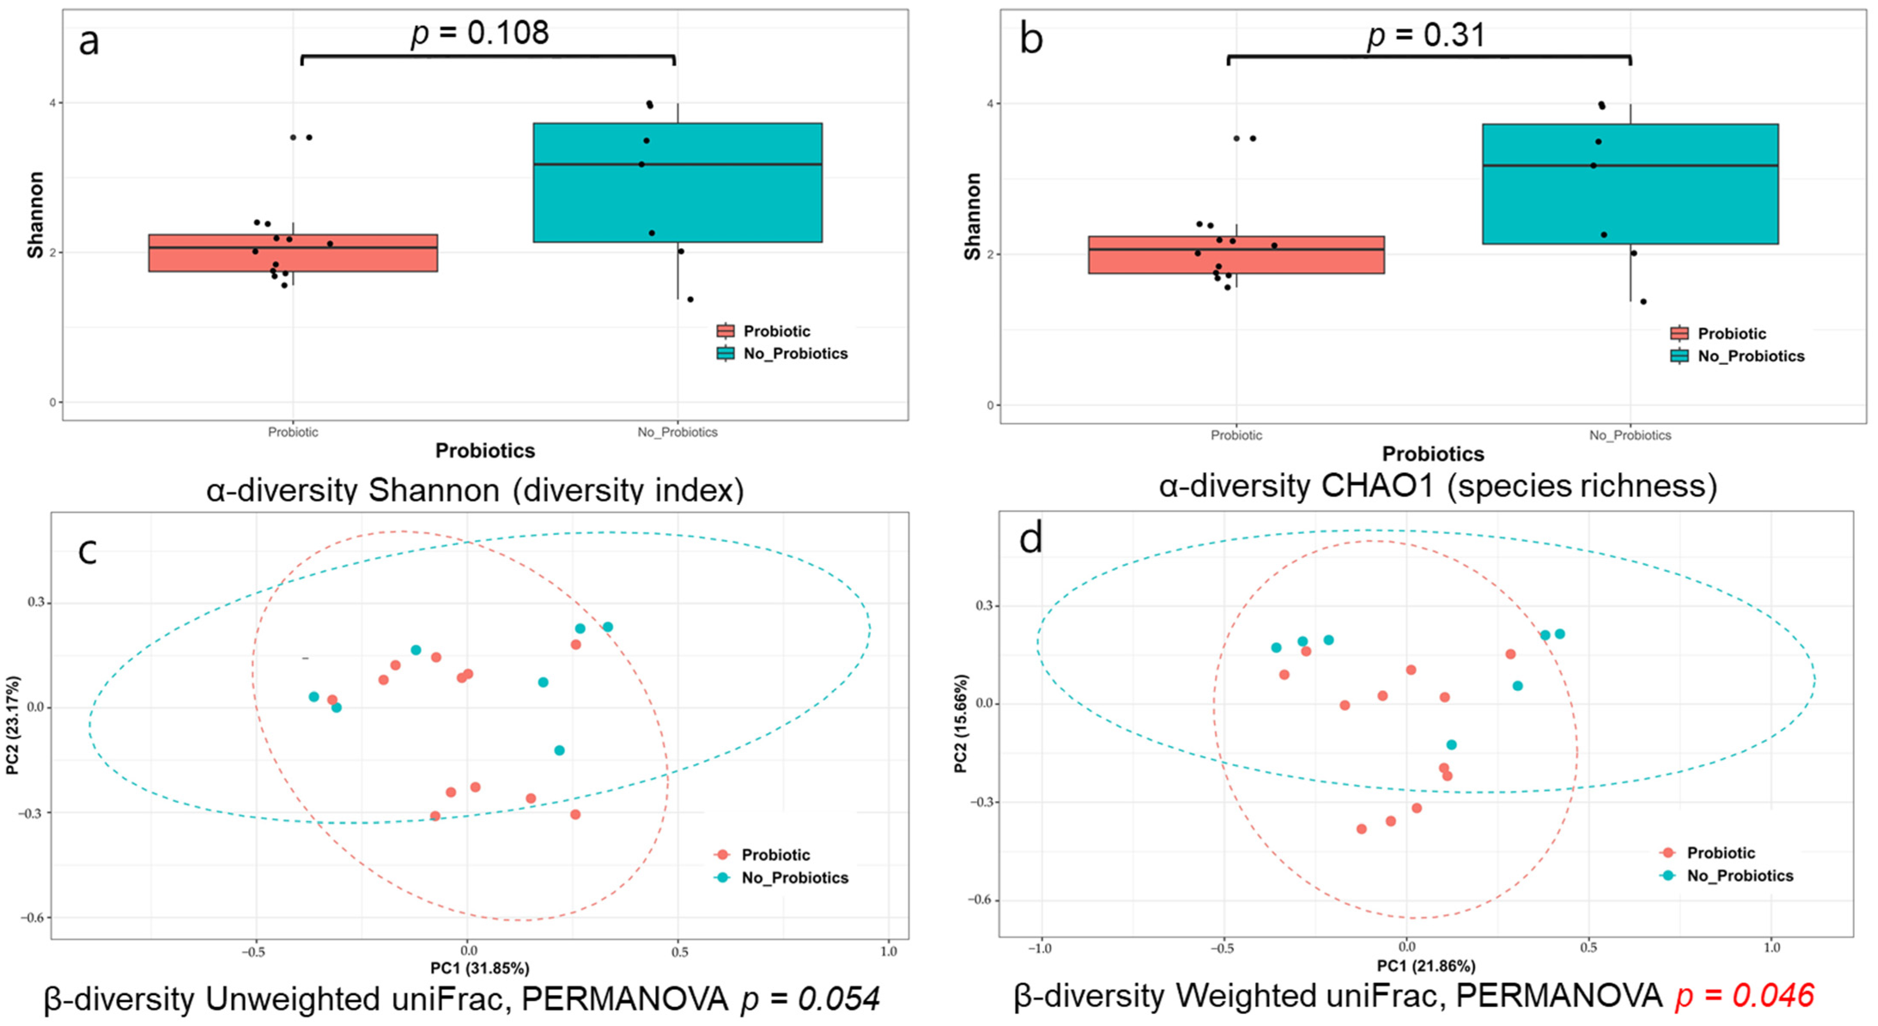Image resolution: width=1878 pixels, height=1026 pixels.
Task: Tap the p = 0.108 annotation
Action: [480, 33]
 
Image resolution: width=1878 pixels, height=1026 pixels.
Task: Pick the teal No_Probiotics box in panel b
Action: [1630, 184]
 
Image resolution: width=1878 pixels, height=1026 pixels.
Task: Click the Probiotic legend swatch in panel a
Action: [725, 331]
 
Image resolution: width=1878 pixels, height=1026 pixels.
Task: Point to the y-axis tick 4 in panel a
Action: [52, 103]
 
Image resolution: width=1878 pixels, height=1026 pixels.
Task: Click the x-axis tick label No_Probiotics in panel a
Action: [677, 432]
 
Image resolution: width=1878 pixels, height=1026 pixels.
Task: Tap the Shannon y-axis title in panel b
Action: [972, 216]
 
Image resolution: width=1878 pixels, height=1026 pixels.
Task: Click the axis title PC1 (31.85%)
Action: [480, 968]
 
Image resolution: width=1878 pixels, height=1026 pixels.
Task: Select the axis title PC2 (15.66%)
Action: [961, 723]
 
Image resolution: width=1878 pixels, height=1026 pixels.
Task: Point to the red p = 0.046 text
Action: [1744, 996]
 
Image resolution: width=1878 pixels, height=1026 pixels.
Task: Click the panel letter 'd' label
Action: [1031, 539]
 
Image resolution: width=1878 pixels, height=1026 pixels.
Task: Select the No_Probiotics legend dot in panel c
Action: [722, 877]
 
